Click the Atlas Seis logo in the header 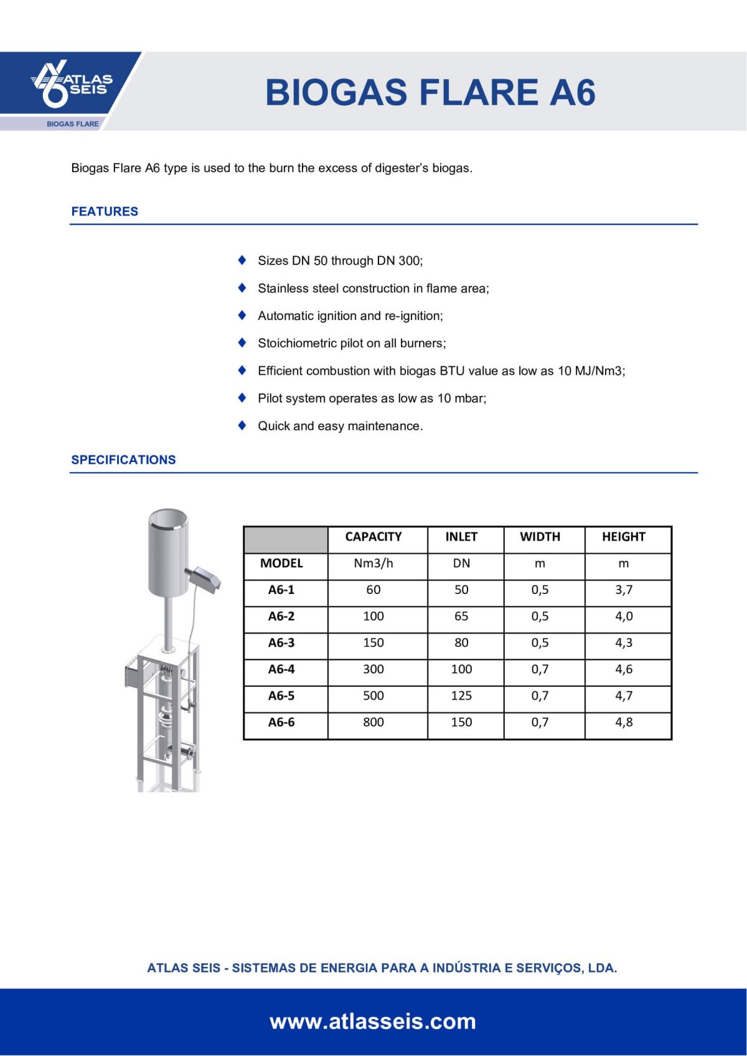(x=72, y=83)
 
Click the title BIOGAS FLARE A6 (x=430, y=92)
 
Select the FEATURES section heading (x=105, y=211)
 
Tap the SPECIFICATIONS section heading (x=123, y=460)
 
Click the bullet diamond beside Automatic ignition (x=242, y=315)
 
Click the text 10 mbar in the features (x=461, y=398)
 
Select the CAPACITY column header (x=373, y=537)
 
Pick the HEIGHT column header (x=623, y=537)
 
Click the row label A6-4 (x=281, y=669)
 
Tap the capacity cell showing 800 (x=373, y=722)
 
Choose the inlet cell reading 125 (x=461, y=695)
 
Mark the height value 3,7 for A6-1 (x=624, y=590)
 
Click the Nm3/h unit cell (x=373, y=563)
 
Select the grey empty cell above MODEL (x=285, y=539)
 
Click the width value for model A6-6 (x=540, y=722)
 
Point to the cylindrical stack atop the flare (x=168, y=551)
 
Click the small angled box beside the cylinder (x=204, y=578)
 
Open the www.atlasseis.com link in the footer (x=373, y=1022)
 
